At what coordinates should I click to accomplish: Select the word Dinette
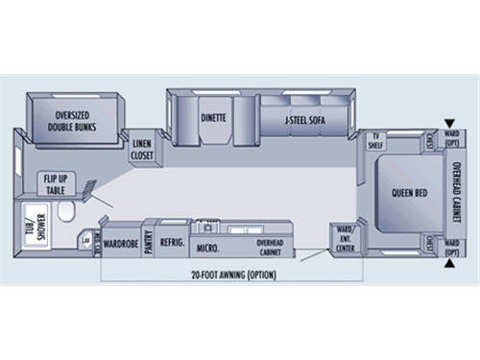(213, 120)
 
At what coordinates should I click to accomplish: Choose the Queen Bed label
(409, 193)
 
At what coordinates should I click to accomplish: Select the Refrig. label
(172, 243)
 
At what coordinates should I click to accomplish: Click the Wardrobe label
(121, 244)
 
